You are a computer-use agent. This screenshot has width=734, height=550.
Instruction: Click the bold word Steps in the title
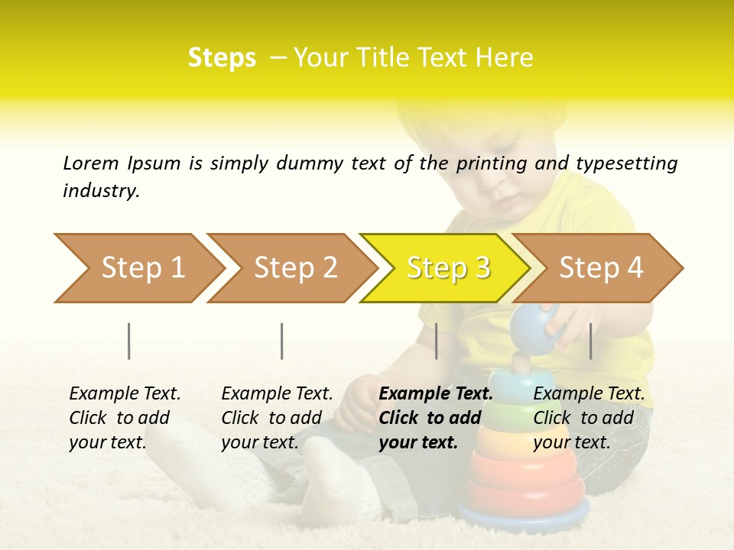[x=222, y=58]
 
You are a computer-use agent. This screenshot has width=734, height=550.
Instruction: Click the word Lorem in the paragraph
[x=90, y=163]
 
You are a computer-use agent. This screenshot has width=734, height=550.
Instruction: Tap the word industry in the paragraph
[x=100, y=190]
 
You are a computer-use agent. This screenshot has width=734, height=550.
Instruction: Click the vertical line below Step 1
[x=129, y=341]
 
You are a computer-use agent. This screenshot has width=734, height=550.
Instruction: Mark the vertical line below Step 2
[x=282, y=341]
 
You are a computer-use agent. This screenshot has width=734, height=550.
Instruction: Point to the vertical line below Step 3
[x=436, y=341]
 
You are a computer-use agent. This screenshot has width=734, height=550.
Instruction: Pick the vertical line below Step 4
[x=590, y=341]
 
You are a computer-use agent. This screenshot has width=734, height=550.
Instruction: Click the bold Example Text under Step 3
[x=436, y=394]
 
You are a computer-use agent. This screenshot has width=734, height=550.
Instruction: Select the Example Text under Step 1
[x=125, y=394]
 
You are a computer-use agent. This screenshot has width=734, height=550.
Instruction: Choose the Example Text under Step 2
[x=277, y=394]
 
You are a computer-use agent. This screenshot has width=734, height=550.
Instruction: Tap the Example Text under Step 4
[x=589, y=394]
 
